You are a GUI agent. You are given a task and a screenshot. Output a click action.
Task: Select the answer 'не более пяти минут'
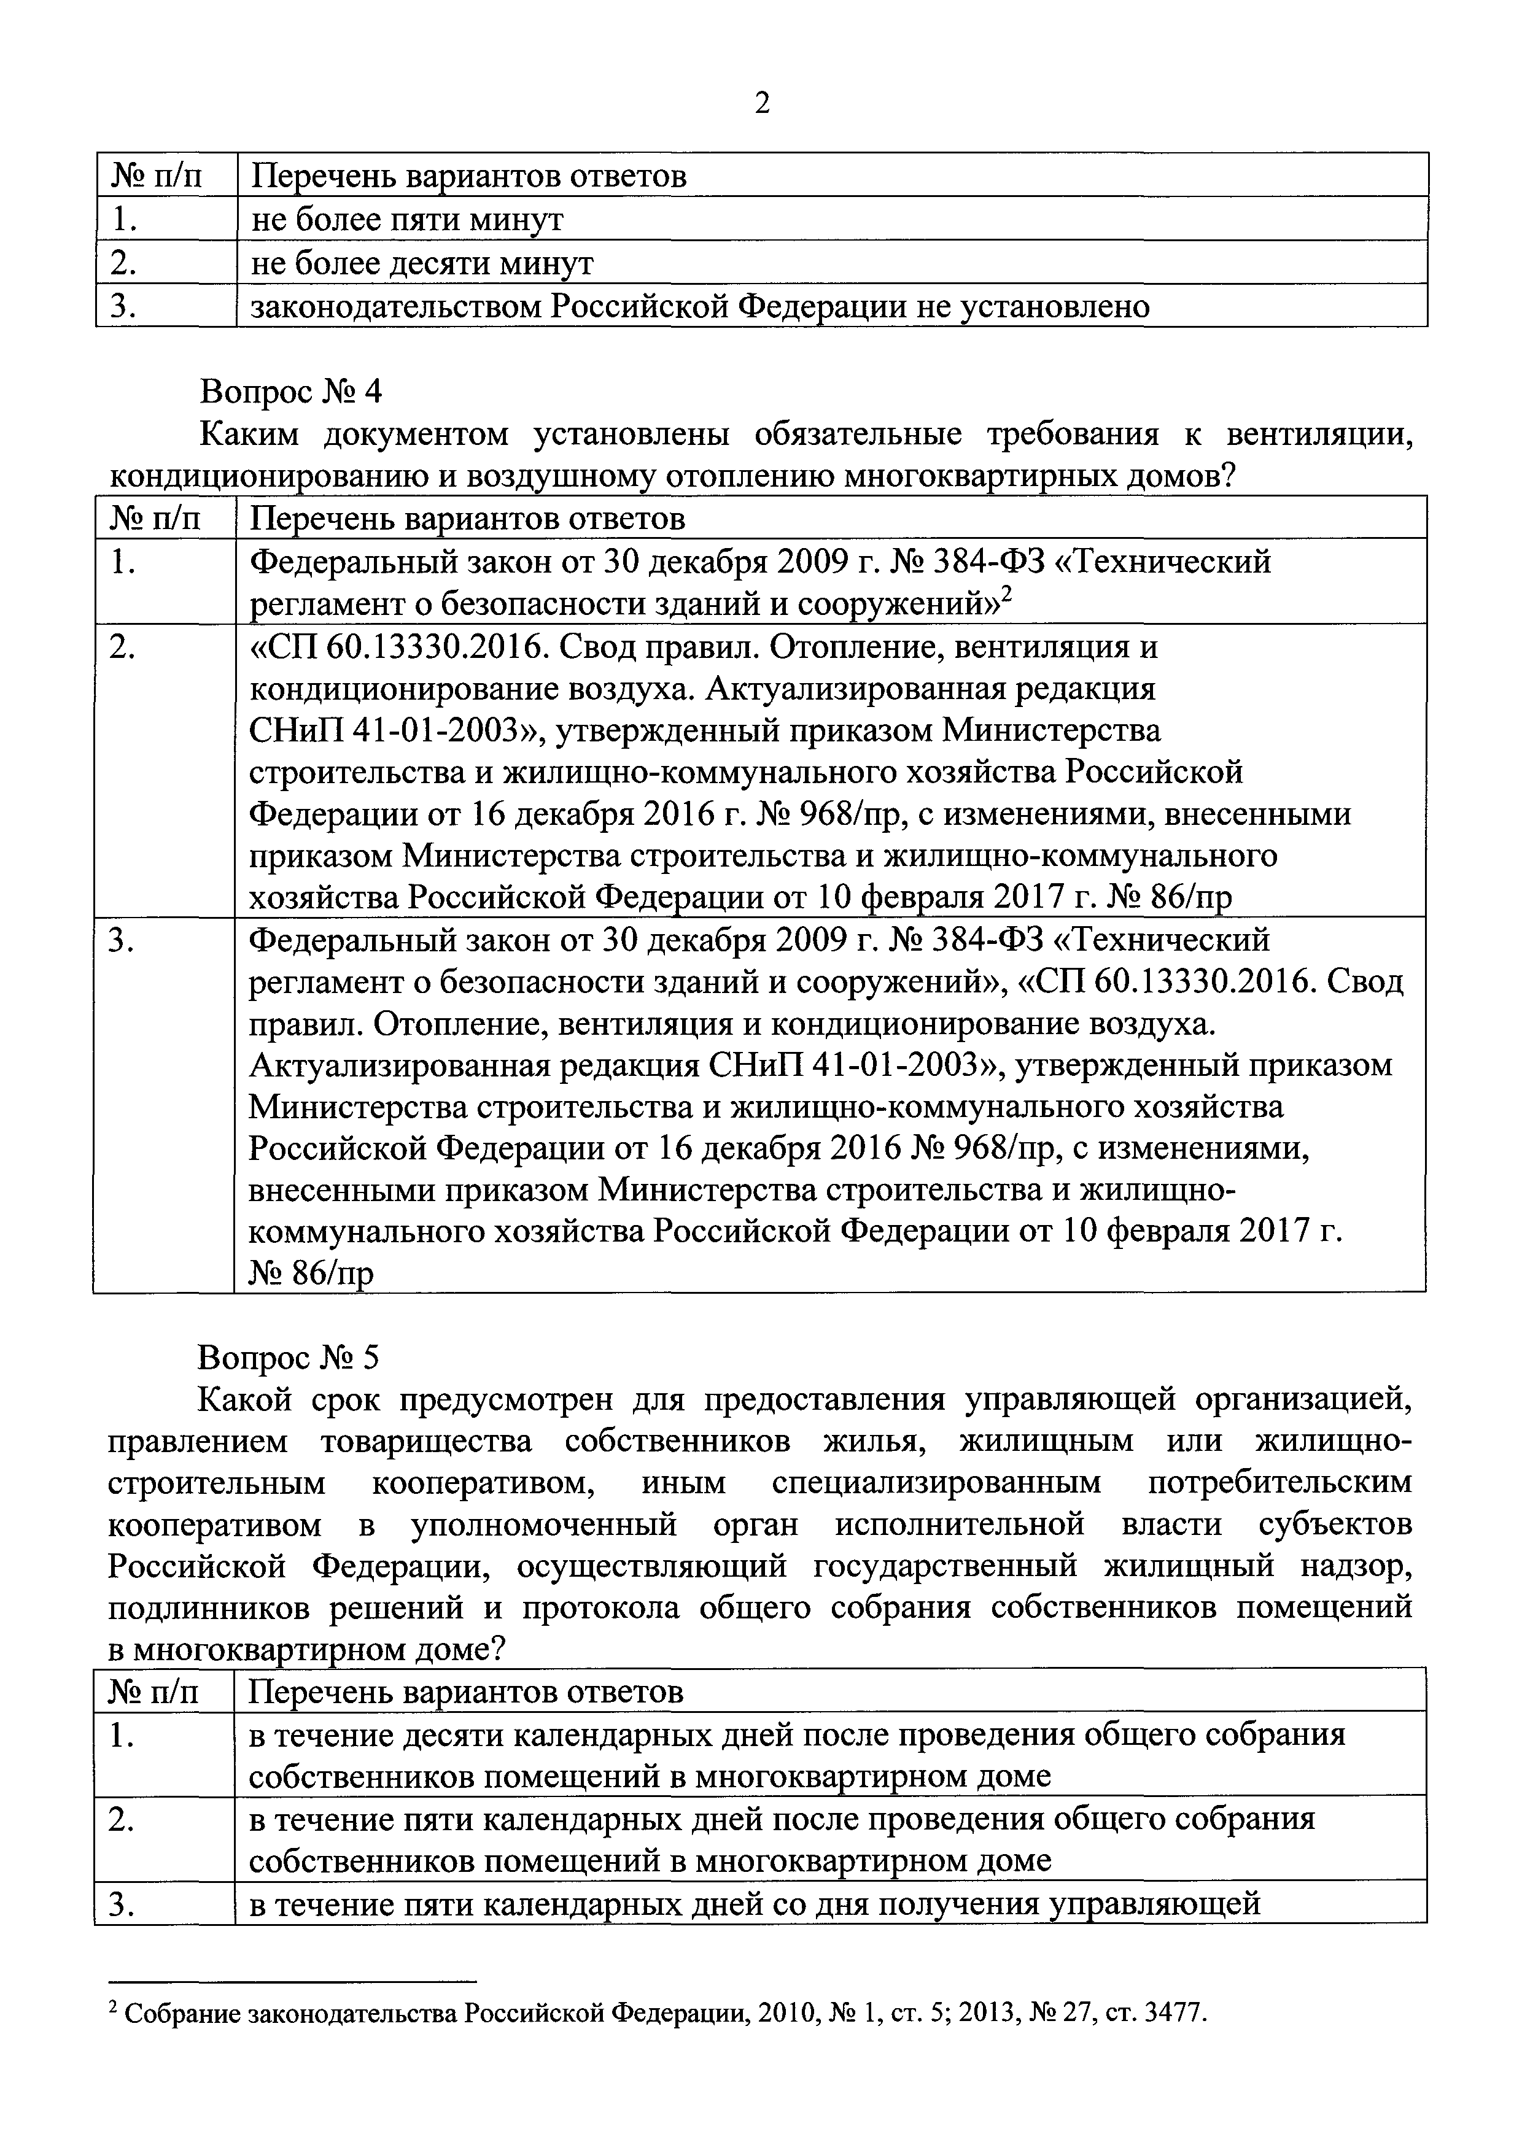pos(407,220)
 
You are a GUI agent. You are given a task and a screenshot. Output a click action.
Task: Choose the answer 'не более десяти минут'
pos(422,263)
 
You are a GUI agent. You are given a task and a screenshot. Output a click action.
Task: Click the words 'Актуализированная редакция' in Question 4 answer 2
pos(930,689)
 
